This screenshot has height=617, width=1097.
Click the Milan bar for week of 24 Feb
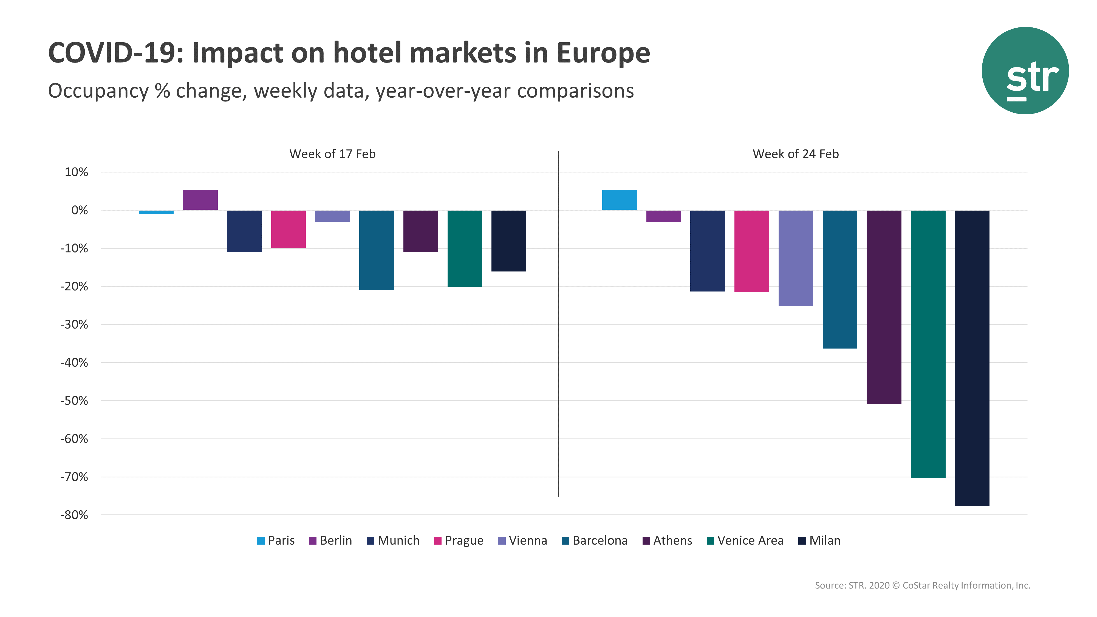coord(972,358)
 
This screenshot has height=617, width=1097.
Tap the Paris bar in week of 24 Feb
coord(619,200)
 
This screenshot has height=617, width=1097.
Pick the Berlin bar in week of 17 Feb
coord(200,200)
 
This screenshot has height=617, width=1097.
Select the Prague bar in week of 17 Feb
coord(288,229)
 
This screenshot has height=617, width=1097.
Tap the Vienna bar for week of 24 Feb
coord(796,258)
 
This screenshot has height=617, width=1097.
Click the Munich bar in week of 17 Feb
coord(244,231)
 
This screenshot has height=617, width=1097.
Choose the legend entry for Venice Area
coord(745,541)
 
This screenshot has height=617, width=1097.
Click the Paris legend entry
coord(276,541)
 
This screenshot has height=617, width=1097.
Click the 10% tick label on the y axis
coord(76,172)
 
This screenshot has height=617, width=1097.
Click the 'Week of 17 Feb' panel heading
coord(332,154)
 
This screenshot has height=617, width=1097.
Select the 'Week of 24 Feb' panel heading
coord(796,154)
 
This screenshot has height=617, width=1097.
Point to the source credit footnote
coord(922,585)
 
